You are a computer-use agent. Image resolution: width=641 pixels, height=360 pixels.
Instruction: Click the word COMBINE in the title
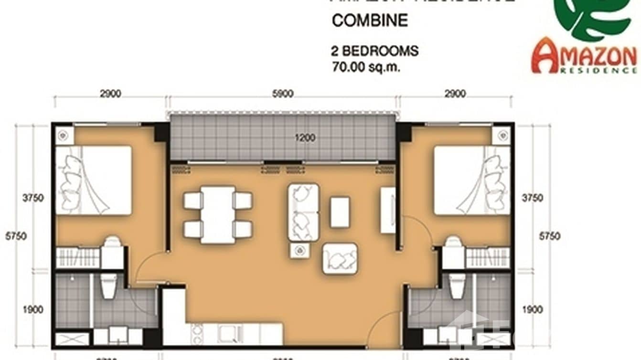(x=370, y=21)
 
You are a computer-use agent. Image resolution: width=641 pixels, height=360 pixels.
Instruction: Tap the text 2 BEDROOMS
(x=375, y=51)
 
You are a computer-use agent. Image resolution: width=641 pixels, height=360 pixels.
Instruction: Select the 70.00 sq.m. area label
(x=366, y=66)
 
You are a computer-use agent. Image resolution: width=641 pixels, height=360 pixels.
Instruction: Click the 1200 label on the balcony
(x=305, y=138)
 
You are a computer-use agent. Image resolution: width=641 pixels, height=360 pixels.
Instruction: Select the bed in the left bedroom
(x=94, y=180)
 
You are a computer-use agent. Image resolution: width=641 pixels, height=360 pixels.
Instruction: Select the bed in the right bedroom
(x=471, y=180)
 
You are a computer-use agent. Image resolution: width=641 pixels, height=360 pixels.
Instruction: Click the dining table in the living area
(x=218, y=214)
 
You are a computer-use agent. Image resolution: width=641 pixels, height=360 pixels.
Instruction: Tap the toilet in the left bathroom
(x=109, y=286)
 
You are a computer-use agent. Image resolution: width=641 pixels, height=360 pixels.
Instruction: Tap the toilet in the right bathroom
(x=457, y=286)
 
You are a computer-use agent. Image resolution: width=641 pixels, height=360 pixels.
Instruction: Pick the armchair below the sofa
(x=340, y=258)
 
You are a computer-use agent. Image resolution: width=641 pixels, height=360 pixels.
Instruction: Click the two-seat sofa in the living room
(x=303, y=212)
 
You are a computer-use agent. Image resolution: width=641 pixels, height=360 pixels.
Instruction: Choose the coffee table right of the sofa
(x=340, y=212)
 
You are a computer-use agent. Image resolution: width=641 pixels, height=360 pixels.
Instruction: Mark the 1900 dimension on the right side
(x=532, y=310)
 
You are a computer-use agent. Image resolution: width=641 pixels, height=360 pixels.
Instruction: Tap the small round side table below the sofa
(x=299, y=250)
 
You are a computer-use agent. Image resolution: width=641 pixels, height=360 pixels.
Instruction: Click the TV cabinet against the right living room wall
(x=388, y=210)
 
